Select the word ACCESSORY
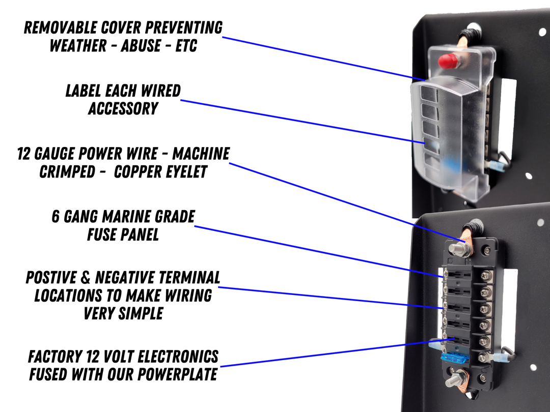pyautogui.click(x=123, y=109)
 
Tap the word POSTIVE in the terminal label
pyautogui.click(x=56, y=278)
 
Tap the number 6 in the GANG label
pyautogui.click(x=56, y=217)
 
